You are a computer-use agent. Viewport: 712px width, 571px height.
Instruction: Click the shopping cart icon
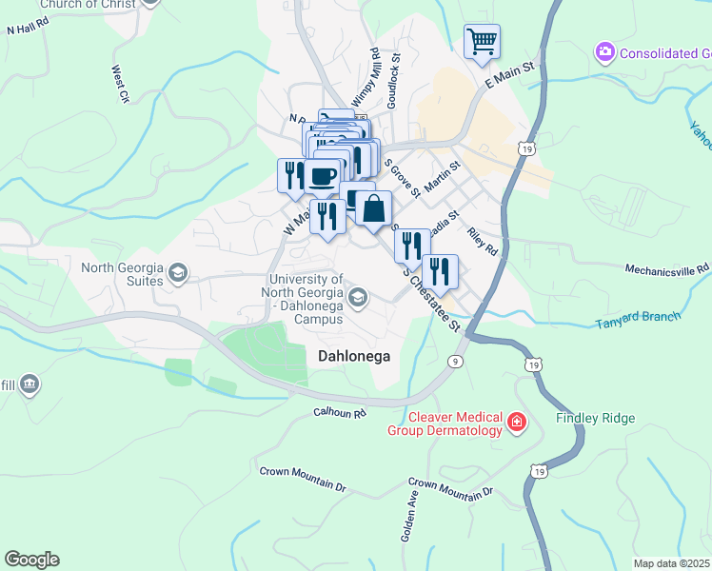pyautogui.click(x=483, y=41)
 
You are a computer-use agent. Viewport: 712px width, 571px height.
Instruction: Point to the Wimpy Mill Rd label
pyautogui.click(x=365, y=80)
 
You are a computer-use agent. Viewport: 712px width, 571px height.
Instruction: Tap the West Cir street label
pyautogui.click(x=120, y=84)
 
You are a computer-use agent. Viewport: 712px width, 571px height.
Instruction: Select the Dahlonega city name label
pyautogui.click(x=353, y=354)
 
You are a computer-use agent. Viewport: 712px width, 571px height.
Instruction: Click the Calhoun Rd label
pyautogui.click(x=340, y=413)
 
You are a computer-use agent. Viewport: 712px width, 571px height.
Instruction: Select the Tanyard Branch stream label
pyautogui.click(x=639, y=319)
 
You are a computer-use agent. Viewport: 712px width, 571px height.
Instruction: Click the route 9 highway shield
pyautogui.click(x=457, y=361)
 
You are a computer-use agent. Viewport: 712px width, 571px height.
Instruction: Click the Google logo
pyautogui.click(x=31, y=560)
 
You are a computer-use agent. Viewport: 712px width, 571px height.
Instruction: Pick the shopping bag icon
pyautogui.click(x=375, y=208)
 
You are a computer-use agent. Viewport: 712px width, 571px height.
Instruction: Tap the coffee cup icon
pyautogui.click(x=323, y=175)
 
